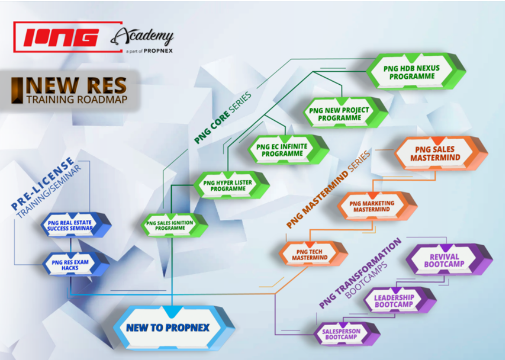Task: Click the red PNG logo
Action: (x=68, y=36)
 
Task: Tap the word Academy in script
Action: (x=142, y=36)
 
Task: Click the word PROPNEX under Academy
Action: (x=158, y=51)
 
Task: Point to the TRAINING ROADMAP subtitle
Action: (x=77, y=99)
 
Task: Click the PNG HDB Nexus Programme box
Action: (x=416, y=71)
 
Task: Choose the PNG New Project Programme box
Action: (x=345, y=113)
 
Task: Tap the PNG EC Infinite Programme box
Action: (x=288, y=150)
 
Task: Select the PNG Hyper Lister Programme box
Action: (x=231, y=185)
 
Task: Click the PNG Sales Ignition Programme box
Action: (x=174, y=225)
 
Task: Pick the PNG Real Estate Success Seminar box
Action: (x=76, y=225)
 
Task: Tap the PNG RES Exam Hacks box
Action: (x=76, y=265)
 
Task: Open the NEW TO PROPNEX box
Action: (x=174, y=328)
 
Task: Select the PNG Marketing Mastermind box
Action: (x=377, y=206)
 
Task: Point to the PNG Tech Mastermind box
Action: (x=313, y=254)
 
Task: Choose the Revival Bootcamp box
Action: (x=449, y=260)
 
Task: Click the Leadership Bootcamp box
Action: (x=400, y=300)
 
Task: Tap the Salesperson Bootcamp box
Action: (x=347, y=334)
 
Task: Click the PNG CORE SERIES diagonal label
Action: (x=223, y=117)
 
